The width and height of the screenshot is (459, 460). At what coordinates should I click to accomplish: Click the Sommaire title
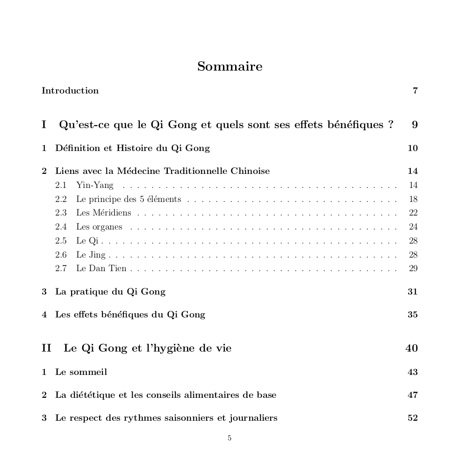tap(229, 66)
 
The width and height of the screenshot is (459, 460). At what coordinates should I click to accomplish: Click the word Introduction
tap(70, 91)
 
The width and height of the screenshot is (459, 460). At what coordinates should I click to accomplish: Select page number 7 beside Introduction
tap(415, 91)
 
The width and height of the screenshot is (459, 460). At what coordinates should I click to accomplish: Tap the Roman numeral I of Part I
tap(44, 125)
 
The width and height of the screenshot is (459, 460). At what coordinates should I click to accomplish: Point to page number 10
tap(412, 148)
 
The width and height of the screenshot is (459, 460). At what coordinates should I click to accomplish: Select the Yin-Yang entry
tap(94, 185)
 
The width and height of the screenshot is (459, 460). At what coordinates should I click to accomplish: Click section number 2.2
tap(61, 199)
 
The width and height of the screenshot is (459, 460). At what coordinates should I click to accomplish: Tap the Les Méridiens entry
tap(103, 213)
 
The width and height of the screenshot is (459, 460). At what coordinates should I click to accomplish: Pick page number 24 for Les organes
tap(413, 227)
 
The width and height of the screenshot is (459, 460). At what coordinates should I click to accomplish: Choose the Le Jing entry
tap(91, 255)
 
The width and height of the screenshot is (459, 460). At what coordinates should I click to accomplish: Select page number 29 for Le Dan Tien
tap(413, 269)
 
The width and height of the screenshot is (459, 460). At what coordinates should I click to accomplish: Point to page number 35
tap(412, 315)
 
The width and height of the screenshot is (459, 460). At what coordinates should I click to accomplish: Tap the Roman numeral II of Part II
tap(47, 348)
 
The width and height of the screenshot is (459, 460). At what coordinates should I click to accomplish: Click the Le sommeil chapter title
tap(81, 372)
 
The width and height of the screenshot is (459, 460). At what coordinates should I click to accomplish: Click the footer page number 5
tap(229, 438)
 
